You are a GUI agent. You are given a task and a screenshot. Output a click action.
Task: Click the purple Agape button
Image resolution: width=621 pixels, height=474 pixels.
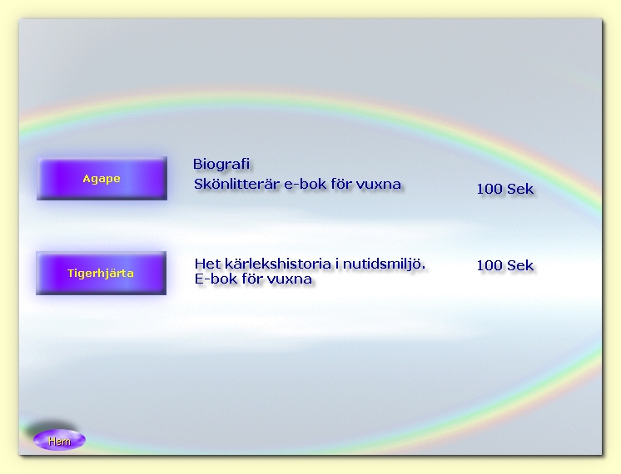(x=102, y=179)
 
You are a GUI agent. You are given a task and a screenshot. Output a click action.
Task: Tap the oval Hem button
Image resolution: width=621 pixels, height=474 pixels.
(x=59, y=440)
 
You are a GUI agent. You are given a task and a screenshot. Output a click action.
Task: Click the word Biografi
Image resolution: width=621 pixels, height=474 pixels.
(x=221, y=164)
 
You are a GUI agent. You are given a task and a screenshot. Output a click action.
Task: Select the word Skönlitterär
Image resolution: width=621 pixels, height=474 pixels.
(x=236, y=184)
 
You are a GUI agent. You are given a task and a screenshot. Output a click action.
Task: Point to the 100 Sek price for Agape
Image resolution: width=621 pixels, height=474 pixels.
(x=505, y=189)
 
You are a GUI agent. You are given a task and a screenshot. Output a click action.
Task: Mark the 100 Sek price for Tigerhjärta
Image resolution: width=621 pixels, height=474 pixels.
(x=505, y=265)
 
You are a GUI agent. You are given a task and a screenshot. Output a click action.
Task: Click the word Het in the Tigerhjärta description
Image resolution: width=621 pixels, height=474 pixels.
(x=207, y=264)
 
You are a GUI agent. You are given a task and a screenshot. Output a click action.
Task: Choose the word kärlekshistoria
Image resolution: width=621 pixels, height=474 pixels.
(x=278, y=264)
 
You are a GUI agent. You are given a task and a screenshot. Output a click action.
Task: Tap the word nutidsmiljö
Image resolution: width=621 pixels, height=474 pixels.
(x=384, y=264)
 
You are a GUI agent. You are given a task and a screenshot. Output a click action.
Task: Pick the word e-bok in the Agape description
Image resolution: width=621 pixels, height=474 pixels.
(x=306, y=184)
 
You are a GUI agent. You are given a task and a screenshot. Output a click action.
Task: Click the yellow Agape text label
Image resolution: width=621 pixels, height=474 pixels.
(x=102, y=179)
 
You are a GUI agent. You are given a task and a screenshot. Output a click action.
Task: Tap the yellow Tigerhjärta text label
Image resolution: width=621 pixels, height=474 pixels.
(x=101, y=274)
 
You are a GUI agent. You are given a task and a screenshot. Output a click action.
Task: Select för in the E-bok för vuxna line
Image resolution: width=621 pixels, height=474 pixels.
(x=252, y=279)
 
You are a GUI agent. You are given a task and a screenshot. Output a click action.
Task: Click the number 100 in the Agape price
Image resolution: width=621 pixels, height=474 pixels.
(x=489, y=189)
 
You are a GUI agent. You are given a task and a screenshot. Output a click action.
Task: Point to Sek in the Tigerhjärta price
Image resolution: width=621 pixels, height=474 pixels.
(x=520, y=265)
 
